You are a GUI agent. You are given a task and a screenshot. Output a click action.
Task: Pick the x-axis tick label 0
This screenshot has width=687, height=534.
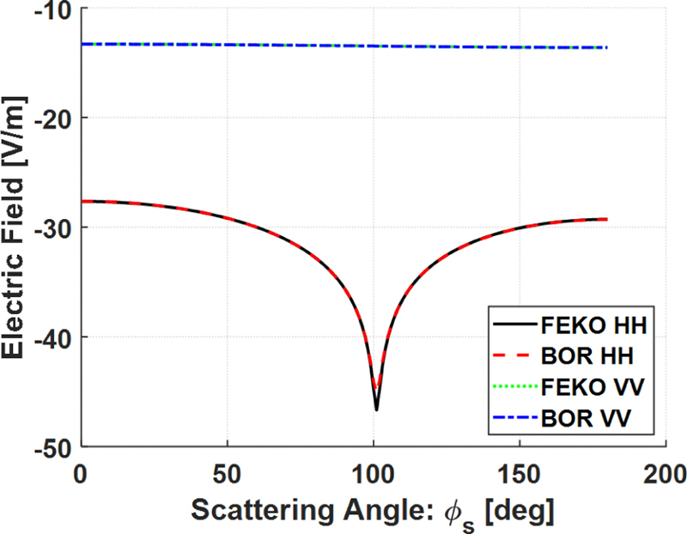pyautogui.click(x=81, y=473)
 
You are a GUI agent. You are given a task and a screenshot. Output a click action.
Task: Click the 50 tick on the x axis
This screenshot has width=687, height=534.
pyautogui.click(x=227, y=473)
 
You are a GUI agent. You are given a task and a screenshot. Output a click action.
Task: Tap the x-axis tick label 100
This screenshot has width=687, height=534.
pyautogui.click(x=373, y=473)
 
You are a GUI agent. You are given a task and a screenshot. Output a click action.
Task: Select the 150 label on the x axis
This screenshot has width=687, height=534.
pyautogui.click(x=519, y=473)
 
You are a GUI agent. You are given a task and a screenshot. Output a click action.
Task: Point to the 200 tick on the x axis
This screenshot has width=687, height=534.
pyautogui.click(x=665, y=473)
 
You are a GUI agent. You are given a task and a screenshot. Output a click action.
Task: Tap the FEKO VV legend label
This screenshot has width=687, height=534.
pyautogui.click(x=593, y=388)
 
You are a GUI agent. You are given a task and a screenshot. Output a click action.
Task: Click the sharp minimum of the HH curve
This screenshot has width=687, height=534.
pyautogui.click(x=376, y=409)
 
